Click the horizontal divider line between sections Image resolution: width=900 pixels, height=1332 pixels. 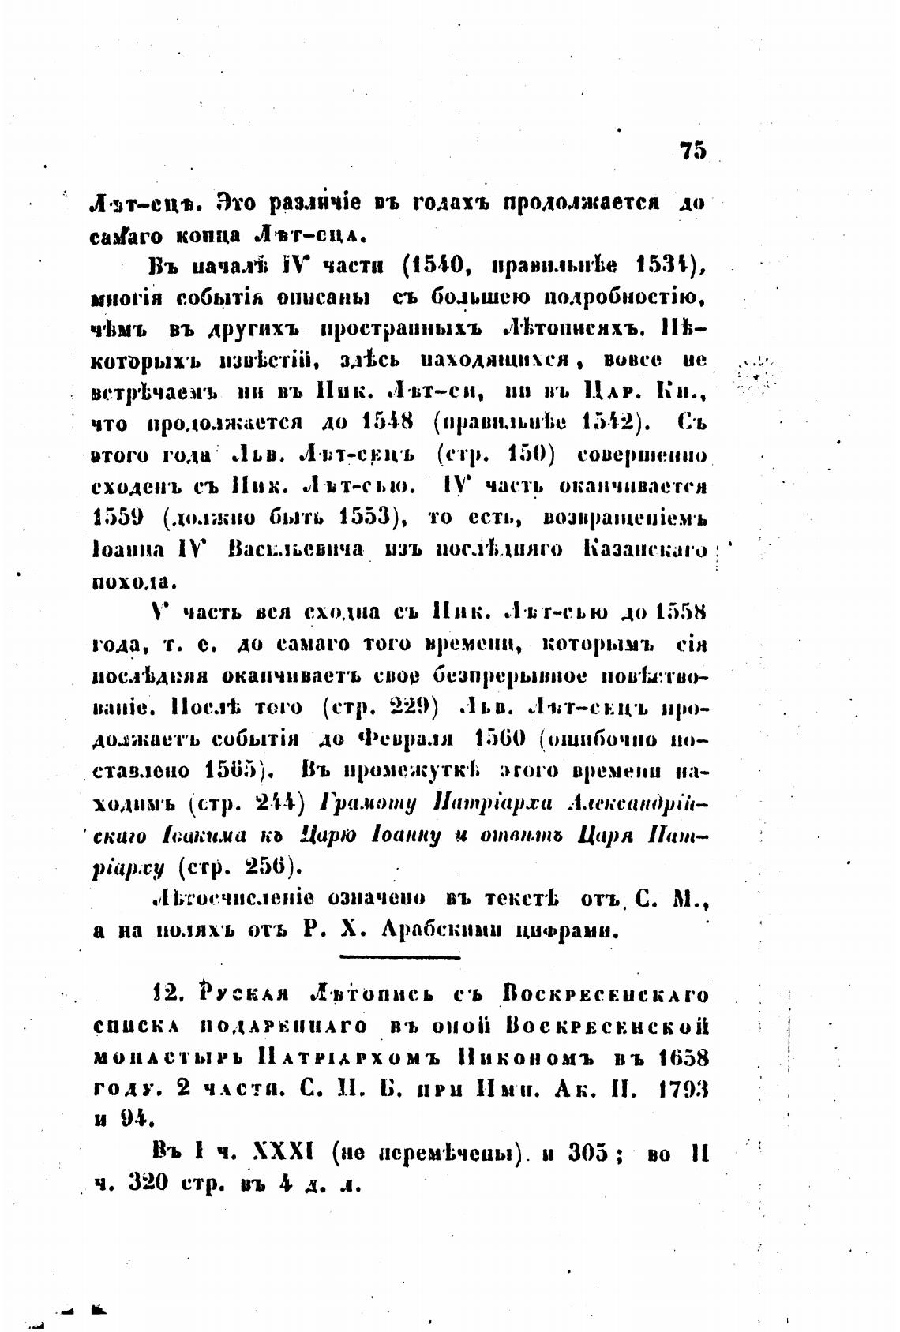coord(399,958)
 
